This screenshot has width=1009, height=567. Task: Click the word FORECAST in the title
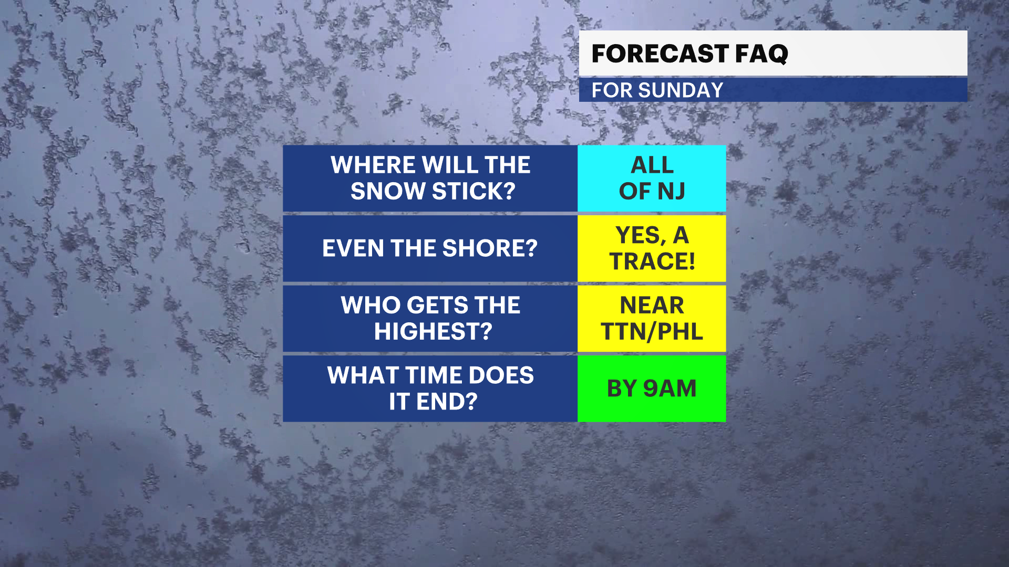(x=660, y=54)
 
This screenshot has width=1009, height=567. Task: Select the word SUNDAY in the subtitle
(x=681, y=90)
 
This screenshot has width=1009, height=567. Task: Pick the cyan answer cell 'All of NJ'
(x=652, y=178)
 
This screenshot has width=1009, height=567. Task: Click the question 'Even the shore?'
(x=430, y=248)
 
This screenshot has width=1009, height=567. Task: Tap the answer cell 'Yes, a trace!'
(x=652, y=248)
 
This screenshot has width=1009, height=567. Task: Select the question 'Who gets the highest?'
(x=430, y=319)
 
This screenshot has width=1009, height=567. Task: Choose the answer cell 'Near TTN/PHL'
(x=652, y=319)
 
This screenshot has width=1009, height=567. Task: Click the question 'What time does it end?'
(x=430, y=388)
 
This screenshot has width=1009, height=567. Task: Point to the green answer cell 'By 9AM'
(x=652, y=388)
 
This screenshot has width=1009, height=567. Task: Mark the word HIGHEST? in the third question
(x=433, y=331)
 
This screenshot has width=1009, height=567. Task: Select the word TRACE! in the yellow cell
(x=652, y=261)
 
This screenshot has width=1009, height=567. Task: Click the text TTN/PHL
(x=652, y=332)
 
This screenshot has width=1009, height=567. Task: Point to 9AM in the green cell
(x=670, y=388)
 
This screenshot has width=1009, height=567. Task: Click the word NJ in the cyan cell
(x=671, y=191)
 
